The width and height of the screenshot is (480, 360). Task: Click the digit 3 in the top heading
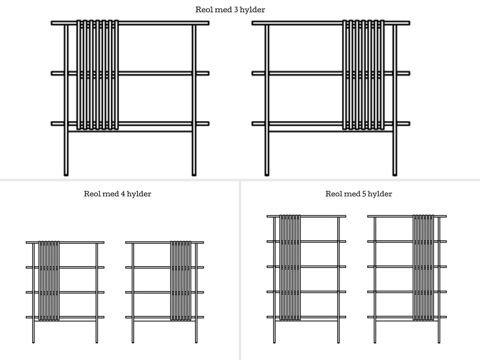pyautogui.click(x=236, y=10)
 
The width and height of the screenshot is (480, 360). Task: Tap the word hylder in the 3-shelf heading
pyautogui.click(x=252, y=10)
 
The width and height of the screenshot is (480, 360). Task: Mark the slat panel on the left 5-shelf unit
pyautogui.click(x=290, y=268)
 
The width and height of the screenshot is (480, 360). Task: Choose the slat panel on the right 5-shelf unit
pyautogui.click(x=423, y=268)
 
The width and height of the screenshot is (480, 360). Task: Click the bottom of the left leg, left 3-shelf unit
pyautogui.click(x=66, y=174)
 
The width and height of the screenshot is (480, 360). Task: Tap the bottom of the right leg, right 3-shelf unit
pyautogui.click(x=395, y=174)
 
